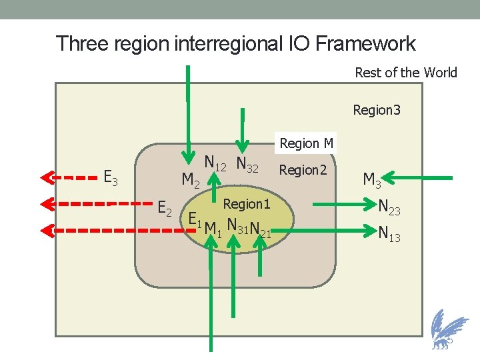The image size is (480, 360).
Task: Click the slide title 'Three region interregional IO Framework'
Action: tap(235, 44)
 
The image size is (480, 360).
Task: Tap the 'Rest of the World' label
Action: tap(405, 73)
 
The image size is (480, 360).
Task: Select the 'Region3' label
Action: tap(376, 109)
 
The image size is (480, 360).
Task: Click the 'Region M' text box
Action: tap(306, 143)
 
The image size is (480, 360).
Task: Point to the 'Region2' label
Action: tap(303, 170)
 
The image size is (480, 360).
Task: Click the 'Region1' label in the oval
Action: tap(247, 204)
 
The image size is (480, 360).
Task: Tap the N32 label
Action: tap(247, 165)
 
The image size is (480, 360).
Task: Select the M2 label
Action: tap(191, 180)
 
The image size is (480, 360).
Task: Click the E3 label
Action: tap(111, 177)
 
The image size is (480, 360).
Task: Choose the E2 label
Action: tap(165, 209)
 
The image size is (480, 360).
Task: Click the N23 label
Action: tap(389, 208)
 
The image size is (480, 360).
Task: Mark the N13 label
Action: tap(389, 233)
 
